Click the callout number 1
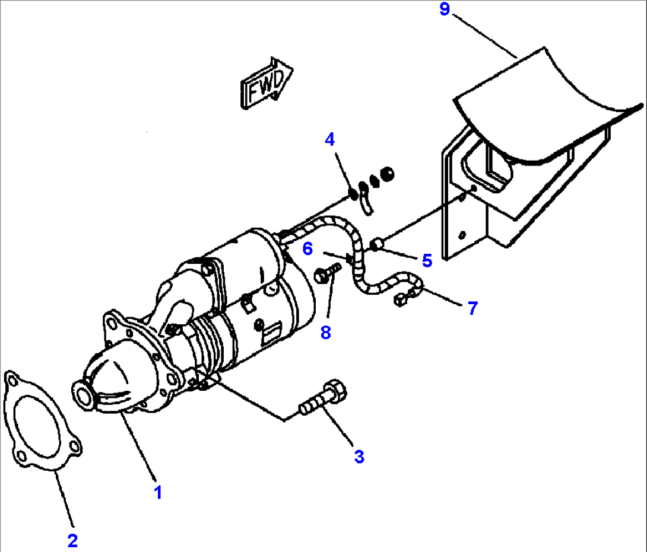(157, 493)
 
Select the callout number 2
(72, 540)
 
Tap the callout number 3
(359, 456)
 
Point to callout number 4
(329, 140)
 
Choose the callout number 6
(307, 248)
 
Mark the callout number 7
(472, 308)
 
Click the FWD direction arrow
(266, 84)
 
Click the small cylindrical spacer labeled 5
(377, 244)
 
